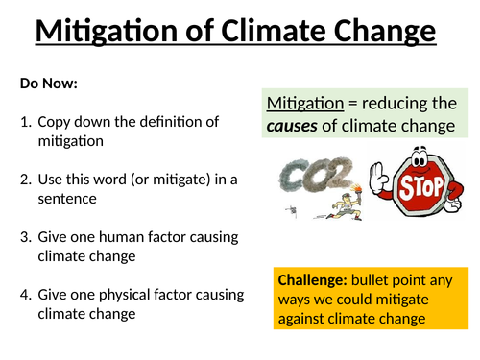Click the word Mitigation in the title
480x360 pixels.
[x=106, y=34]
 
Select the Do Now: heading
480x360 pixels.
[x=48, y=84]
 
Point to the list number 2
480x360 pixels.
[x=25, y=180]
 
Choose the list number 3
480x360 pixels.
[x=25, y=237]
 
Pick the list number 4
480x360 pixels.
[x=25, y=295]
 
